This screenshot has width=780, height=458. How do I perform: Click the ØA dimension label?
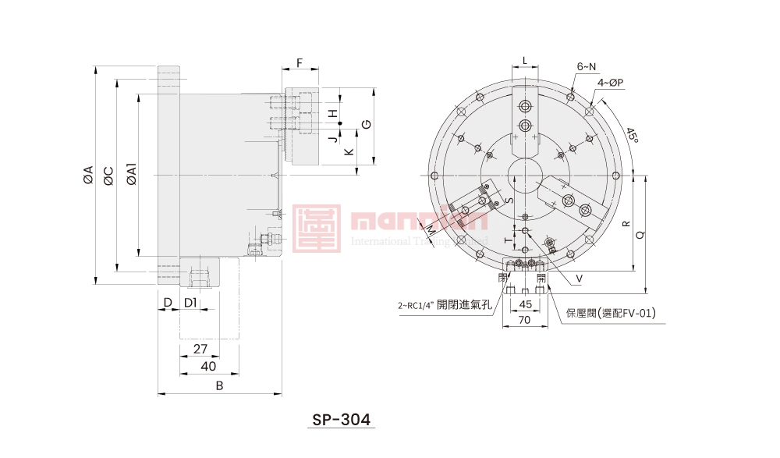coord(87,176)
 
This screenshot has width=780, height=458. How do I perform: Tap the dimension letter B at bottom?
coord(219,385)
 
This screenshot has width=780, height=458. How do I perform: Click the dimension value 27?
coord(199,350)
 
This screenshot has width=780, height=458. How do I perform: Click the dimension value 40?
coord(208,366)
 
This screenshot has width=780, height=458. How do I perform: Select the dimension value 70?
coord(524,320)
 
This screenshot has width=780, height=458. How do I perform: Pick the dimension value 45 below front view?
coord(525,304)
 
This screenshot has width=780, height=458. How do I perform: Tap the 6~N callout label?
coord(587,66)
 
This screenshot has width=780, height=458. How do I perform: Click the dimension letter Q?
coord(641,233)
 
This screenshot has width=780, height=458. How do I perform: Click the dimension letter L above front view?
coord(525,60)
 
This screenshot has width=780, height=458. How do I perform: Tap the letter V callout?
coord(579,278)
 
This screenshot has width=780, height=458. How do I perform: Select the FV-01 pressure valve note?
coord(611,313)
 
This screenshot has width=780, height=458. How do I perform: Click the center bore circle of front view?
coord(524,174)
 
